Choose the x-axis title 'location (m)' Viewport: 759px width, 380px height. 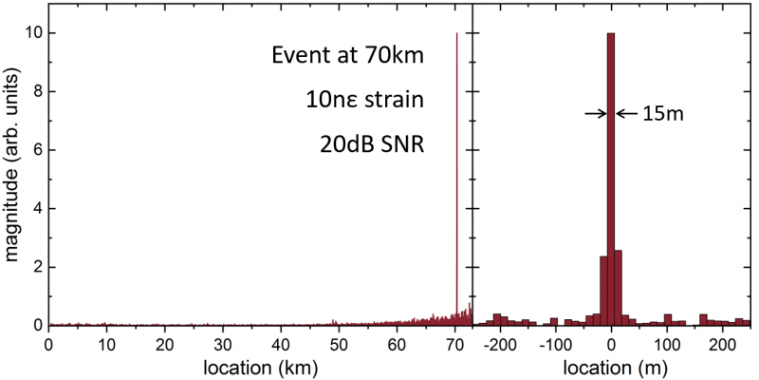612,365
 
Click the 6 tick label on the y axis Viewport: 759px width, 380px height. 36,150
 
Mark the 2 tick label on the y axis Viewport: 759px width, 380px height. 36,267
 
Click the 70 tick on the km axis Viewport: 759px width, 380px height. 456,343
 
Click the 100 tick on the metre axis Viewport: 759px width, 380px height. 668,343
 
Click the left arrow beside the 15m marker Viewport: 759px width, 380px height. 595,113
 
